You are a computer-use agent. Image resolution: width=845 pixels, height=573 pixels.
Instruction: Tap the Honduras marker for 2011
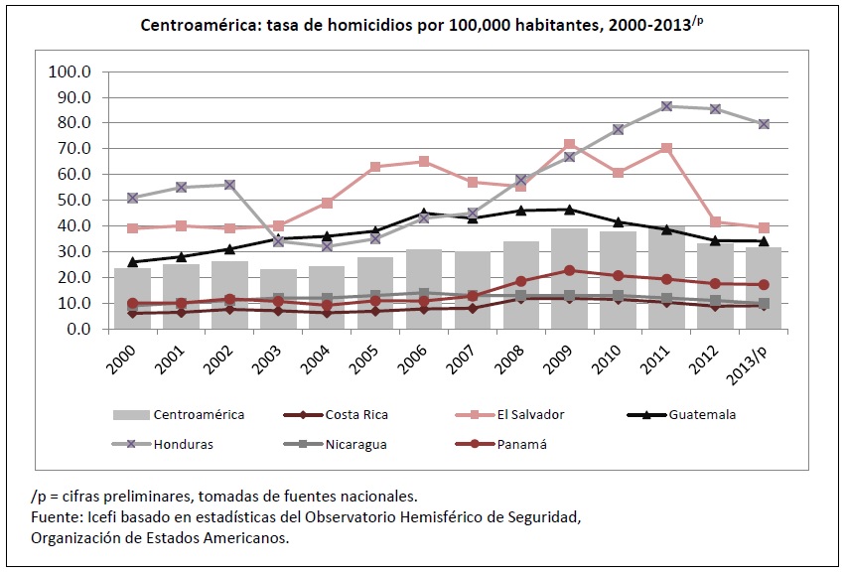pyautogui.click(x=666, y=106)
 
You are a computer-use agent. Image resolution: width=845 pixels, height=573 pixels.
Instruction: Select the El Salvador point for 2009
pyautogui.click(x=570, y=145)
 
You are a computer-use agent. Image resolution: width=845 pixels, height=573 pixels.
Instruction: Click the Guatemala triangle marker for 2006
pyautogui.click(x=424, y=214)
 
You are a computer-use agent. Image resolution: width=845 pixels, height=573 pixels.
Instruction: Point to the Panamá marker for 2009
pyautogui.click(x=570, y=270)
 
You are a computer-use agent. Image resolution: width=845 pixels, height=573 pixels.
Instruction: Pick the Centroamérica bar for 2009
pyautogui.click(x=570, y=288)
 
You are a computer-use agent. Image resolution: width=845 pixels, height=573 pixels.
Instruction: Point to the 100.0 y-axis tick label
pyautogui.click(x=69, y=72)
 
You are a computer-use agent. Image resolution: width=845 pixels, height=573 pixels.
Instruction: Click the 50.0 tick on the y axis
pyautogui.click(x=72, y=200)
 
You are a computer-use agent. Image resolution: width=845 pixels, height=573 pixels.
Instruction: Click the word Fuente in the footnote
pyautogui.click(x=56, y=517)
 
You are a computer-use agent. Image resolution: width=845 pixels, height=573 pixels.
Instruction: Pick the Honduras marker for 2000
pyautogui.click(x=132, y=198)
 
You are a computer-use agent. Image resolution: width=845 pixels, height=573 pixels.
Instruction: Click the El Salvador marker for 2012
pyautogui.click(x=715, y=222)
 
